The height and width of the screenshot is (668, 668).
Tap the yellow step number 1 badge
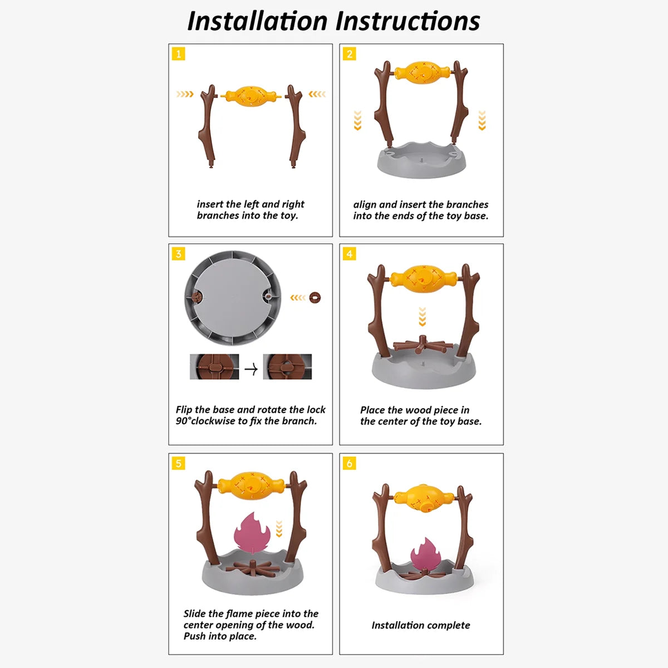click(179, 54)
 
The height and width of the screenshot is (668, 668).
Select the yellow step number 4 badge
click(349, 254)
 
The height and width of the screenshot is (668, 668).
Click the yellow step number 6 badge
click(349, 463)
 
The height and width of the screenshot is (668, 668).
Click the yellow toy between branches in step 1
click(250, 96)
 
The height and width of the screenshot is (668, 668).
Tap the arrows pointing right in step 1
click(185, 94)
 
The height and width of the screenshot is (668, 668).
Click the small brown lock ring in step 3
click(315, 298)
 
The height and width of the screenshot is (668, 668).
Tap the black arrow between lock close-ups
click(251, 369)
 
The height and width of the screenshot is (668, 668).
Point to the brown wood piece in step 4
click(421, 345)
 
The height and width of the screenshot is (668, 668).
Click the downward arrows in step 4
click(422, 317)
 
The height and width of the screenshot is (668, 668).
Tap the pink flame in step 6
click(424, 557)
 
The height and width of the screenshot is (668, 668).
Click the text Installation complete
click(421, 625)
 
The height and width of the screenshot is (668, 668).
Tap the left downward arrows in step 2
click(357, 120)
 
